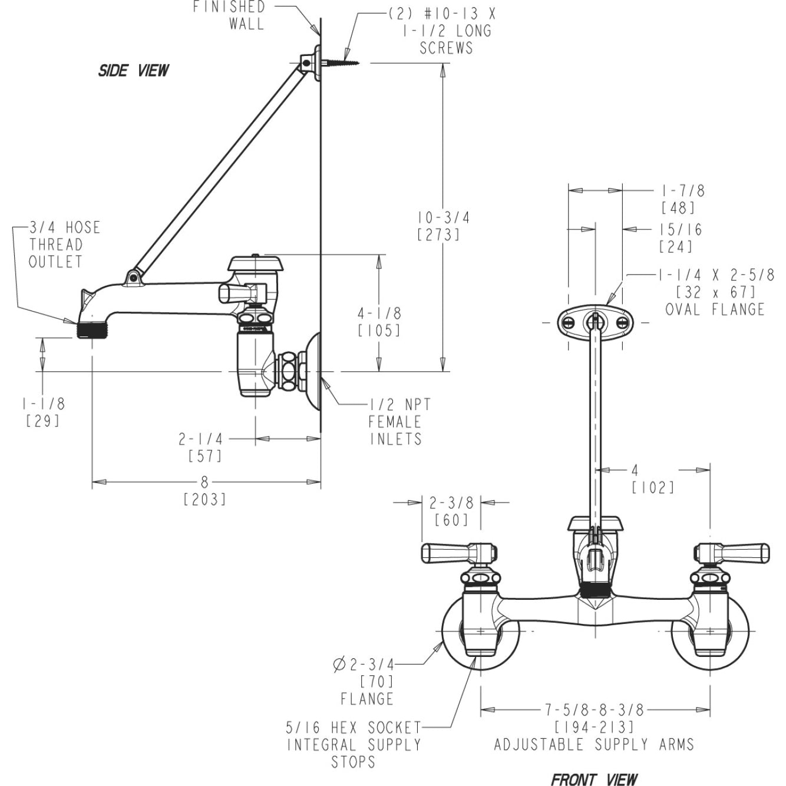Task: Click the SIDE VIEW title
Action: click(x=133, y=71)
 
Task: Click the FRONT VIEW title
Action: click(x=594, y=779)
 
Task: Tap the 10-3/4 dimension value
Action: click(x=444, y=217)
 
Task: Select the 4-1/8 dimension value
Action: click(x=379, y=313)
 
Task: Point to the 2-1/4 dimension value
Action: click(x=201, y=439)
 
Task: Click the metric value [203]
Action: click(x=204, y=500)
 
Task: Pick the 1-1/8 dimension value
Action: click(x=44, y=404)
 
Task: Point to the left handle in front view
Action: click(x=450, y=553)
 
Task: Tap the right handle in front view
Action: click(x=740, y=553)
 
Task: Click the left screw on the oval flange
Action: click(x=569, y=322)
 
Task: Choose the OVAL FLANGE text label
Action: click(x=714, y=309)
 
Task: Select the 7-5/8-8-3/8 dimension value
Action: click(x=594, y=710)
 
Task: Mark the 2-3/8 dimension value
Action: click(x=451, y=503)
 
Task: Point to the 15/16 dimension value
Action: click(x=681, y=230)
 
